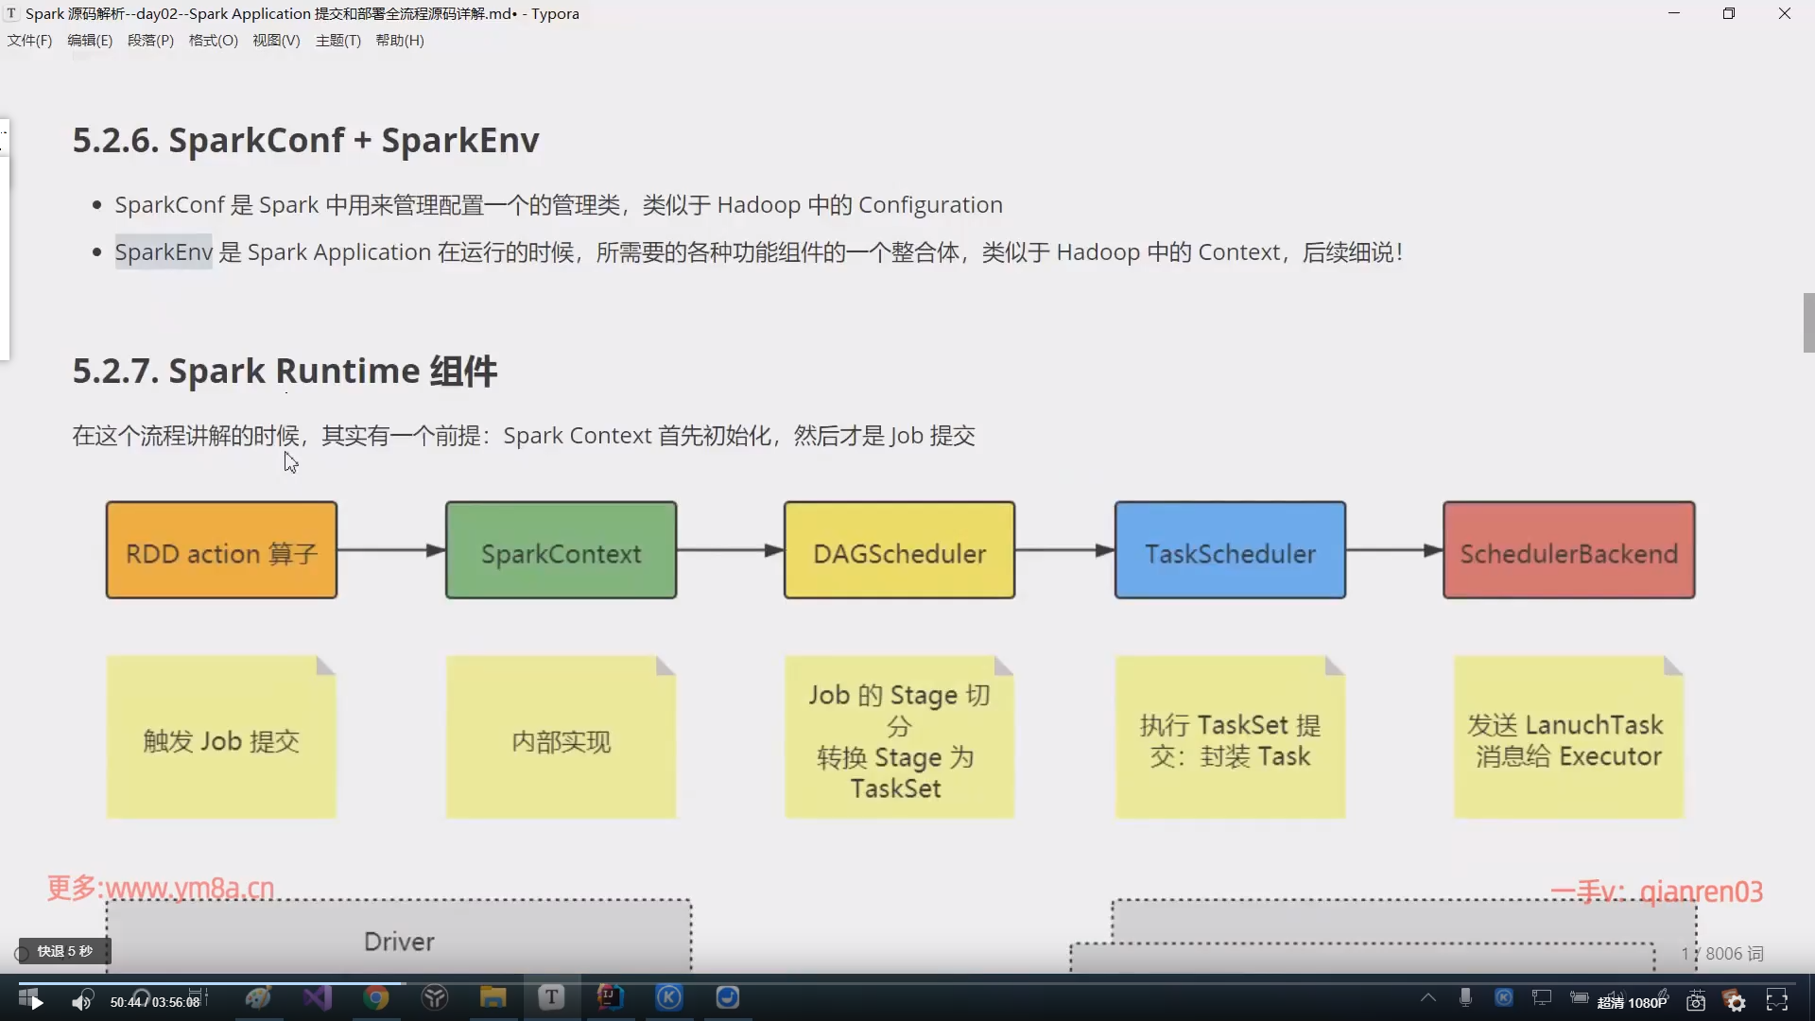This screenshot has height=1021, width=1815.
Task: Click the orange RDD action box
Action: (221, 550)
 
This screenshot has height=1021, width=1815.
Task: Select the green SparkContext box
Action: (561, 550)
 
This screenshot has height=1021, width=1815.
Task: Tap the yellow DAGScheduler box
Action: (899, 550)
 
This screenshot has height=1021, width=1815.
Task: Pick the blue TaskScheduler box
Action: (1230, 550)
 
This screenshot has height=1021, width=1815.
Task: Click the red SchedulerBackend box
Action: (1568, 550)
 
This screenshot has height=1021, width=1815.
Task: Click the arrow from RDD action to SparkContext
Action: (390, 550)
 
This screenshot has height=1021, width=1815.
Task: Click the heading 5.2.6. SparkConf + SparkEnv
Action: (305, 141)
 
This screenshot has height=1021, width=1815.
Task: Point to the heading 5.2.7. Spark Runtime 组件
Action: (285, 372)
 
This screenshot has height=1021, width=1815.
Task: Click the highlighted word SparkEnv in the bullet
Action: (164, 252)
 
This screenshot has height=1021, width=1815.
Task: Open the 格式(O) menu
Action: (213, 41)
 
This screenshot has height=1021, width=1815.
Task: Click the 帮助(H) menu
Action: (399, 41)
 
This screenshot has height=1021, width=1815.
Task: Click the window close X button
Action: (1784, 13)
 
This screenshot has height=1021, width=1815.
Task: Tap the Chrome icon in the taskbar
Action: (376, 998)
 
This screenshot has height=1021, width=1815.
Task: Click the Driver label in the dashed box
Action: (399, 942)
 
